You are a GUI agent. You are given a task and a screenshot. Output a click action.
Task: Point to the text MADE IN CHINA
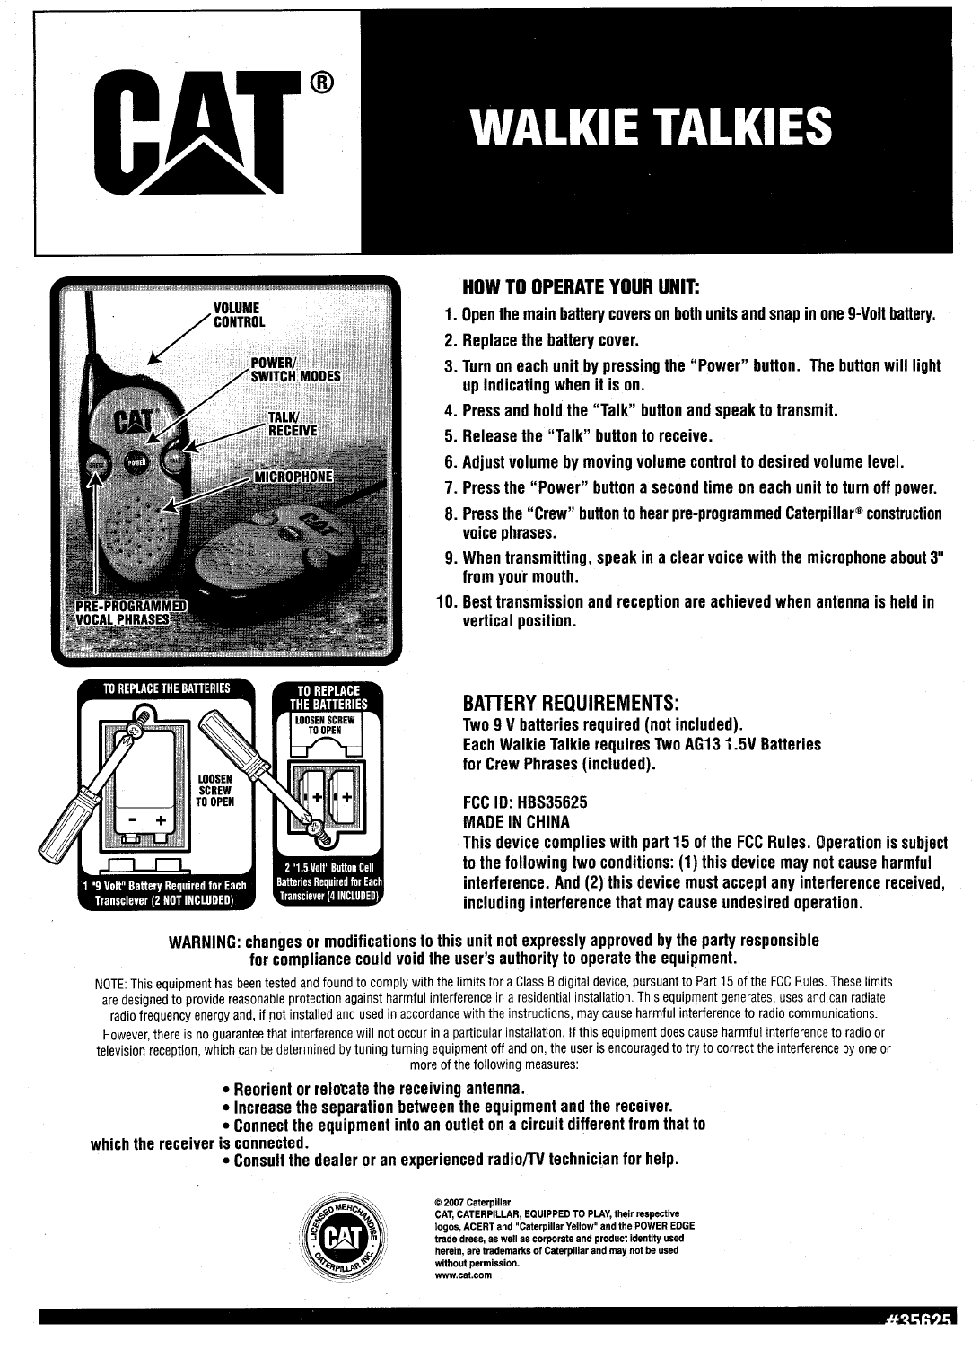(x=516, y=822)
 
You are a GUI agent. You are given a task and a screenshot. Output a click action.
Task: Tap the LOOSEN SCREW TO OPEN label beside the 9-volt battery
(x=215, y=790)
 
